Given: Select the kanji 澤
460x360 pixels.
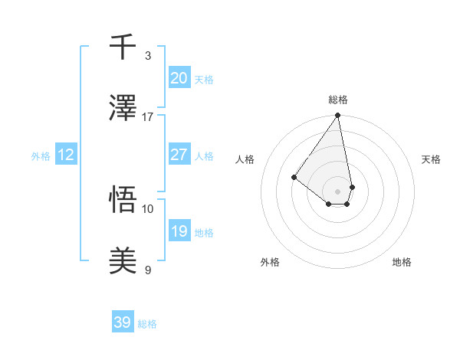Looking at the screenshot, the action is pyautogui.click(x=123, y=110).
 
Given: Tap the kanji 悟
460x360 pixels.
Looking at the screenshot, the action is pyautogui.click(x=123, y=201).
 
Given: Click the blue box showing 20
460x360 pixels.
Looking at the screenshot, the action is pyautogui.click(x=179, y=78).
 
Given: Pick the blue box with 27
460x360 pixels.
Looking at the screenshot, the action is pyautogui.click(x=179, y=155).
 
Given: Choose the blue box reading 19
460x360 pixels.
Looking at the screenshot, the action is pyautogui.click(x=179, y=231).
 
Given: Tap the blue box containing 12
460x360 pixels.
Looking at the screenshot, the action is pyautogui.click(x=66, y=155).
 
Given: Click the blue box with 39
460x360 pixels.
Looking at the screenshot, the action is pyautogui.click(x=122, y=322).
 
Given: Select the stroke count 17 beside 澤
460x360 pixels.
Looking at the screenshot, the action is pyautogui.click(x=148, y=117).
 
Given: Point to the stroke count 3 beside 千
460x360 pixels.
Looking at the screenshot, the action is pyautogui.click(x=148, y=56).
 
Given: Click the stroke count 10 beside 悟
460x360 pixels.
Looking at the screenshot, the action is pyautogui.click(x=148, y=208).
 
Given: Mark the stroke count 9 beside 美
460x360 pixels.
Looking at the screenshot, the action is pyautogui.click(x=148, y=270).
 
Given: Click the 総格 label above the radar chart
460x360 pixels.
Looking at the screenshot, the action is pyautogui.click(x=338, y=100).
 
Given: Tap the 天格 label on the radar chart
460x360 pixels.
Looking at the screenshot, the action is pyautogui.click(x=432, y=159).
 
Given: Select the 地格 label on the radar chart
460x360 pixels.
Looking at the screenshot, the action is pyautogui.click(x=402, y=262).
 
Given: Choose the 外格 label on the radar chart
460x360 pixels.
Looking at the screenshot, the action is pyautogui.click(x=269, y=262).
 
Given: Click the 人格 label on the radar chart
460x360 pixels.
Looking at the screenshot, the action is pyautogui.click(x=245, y=159).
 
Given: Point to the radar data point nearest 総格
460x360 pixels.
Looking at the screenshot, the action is pyautogui.click(x=337, y=116).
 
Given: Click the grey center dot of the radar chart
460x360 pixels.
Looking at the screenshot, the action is pyautogui.click(x=337, y=191).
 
